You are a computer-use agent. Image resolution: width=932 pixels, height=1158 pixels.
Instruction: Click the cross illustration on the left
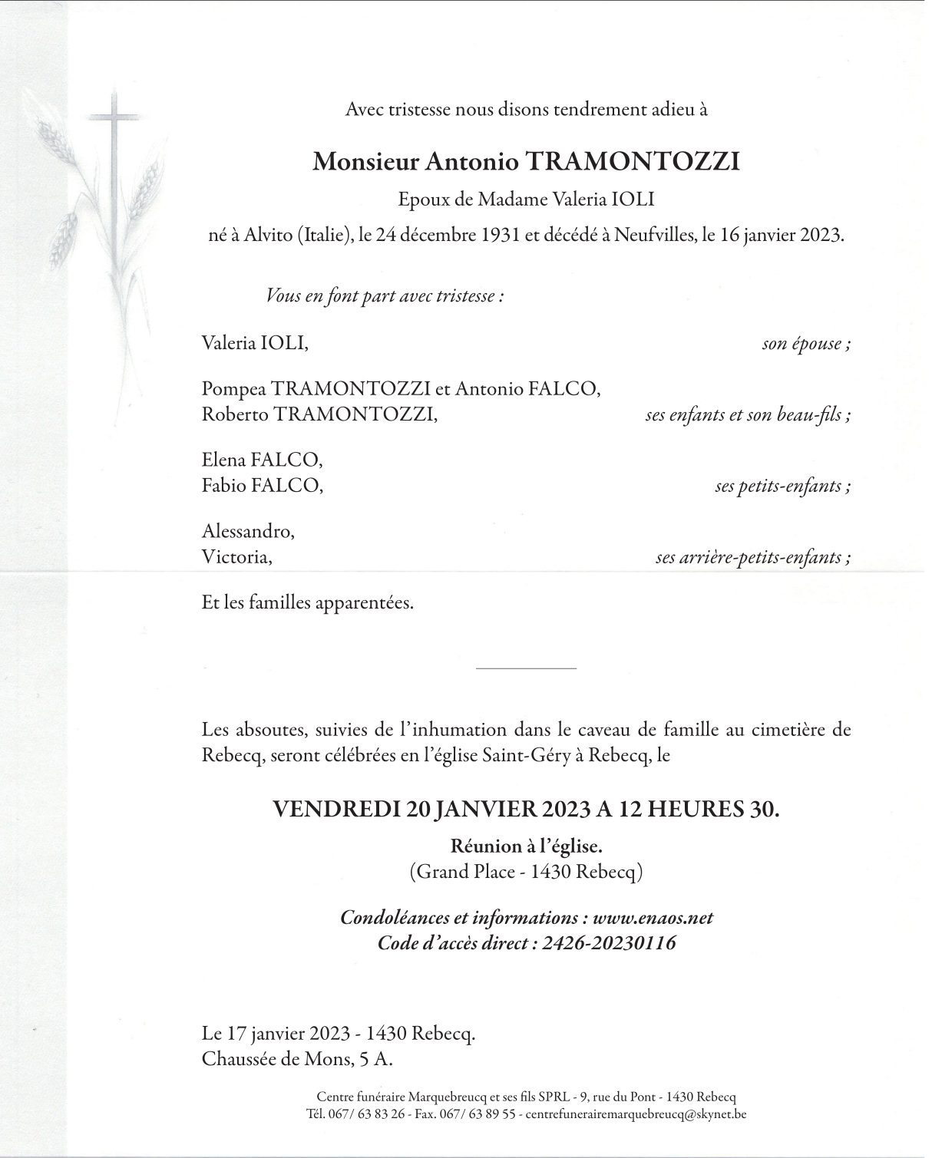pyautogui.click(x=114, y=153)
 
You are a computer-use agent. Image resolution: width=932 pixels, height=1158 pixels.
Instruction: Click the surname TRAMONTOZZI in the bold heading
pyautogui.click(x=632, y=162)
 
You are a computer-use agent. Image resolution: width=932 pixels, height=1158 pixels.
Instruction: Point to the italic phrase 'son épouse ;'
pyautogui.click(x=805, y=343)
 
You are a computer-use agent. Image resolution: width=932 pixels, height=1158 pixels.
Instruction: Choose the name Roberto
pyautogui.click(x=235, y=414)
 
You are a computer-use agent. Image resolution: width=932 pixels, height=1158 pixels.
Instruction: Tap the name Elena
pyautogui.click(x=223, y=460)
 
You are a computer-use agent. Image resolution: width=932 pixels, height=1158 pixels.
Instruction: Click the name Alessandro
pyautogui.click(x=247, y=531)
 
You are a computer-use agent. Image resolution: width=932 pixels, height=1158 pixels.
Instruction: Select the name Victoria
pyautogui.click(x=236, y=556)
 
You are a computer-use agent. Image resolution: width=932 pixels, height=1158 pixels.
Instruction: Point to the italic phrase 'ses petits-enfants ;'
pyautogui.click(x=782, y=486)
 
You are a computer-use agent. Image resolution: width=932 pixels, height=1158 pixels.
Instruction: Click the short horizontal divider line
pyautogui.click(x=526, y=669)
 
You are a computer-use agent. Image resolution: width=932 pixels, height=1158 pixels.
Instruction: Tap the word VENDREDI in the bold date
pyautogui.click(x=337, y=809)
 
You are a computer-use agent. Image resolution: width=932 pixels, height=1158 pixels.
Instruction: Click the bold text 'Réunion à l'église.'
pyautogui.click(x=526, y=846)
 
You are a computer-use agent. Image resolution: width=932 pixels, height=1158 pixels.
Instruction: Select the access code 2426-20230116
pyautogui.click(x=609, y=942)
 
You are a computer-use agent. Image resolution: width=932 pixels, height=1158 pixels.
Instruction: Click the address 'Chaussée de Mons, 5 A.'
pyautogui.click(x=297, y=1059)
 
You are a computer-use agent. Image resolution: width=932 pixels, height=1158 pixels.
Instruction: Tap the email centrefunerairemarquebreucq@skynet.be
pyautogui.click(x=636, y=1113)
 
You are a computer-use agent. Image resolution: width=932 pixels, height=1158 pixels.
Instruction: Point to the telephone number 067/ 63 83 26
pyautogui.click(x=365, y=1113)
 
